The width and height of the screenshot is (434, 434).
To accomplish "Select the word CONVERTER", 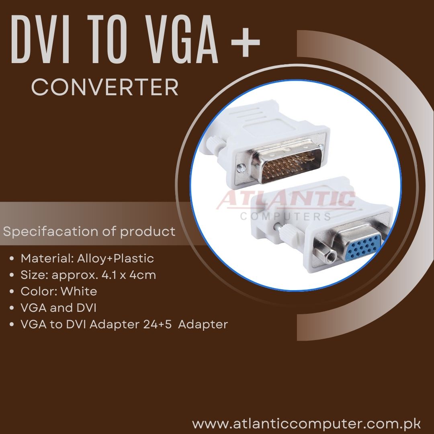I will click(105, 87).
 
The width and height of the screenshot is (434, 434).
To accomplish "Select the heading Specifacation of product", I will click(89, 232).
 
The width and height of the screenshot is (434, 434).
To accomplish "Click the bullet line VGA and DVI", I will click(59, 308).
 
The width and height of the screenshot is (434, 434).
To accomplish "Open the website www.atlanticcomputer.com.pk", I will click(306, 424).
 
